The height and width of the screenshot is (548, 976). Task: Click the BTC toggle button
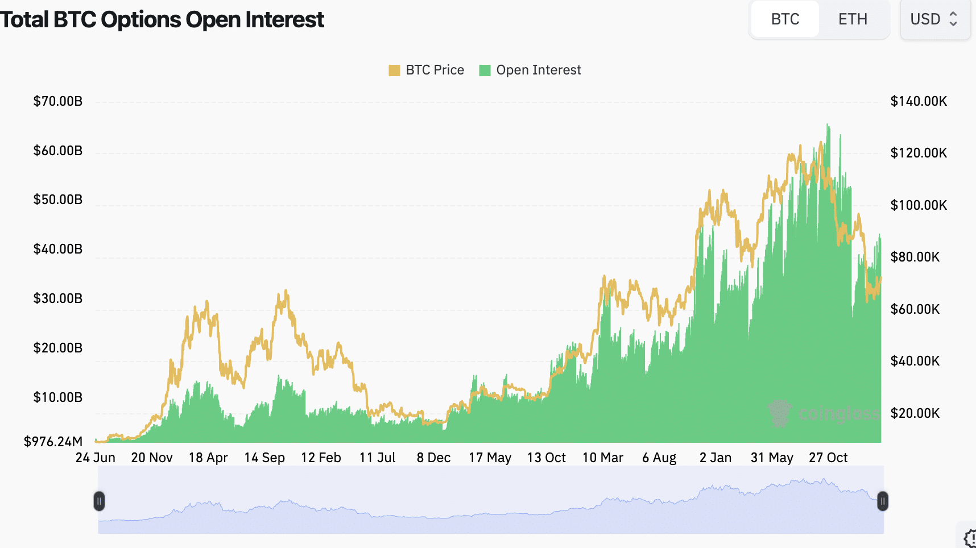(x=785, y=19)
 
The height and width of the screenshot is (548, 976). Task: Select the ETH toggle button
(x=853, y=19)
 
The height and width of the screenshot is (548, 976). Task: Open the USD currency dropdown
(x=934, y=19)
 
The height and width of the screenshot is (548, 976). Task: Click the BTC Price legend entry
(x=427, y=70)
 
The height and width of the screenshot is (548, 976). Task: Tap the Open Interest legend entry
(x=530, y=70)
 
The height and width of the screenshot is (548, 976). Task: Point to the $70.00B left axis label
(x=58, y=101)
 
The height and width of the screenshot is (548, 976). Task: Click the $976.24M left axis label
(x=53, y=442)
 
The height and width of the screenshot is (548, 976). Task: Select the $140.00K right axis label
(x=919, y=101)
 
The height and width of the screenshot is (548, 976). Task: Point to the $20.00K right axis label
(x=915, y=413)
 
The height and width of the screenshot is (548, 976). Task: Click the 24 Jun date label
(x=96, y=458)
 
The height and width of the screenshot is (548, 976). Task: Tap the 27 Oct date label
(x=828, y=458)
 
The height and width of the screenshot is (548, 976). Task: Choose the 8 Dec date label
(x=433, y=458)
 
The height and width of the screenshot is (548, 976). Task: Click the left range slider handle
(x=99, y=501)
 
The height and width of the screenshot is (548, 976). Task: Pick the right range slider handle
(x=883, y=501)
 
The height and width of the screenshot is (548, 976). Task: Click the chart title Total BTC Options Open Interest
(x=162, y=19)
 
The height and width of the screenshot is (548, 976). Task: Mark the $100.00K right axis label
(x=919, y=205)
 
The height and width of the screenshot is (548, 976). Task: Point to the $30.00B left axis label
(x=58, y=298)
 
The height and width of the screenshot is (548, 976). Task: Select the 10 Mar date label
(x=603, y=458)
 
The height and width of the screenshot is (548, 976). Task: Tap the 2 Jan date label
(x=716, y=458)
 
